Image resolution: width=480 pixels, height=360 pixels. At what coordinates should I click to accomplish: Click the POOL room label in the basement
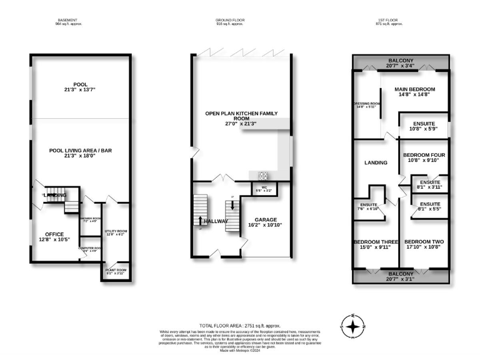tap(80, 84)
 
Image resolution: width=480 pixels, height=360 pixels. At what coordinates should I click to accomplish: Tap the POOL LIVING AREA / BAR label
tap(80, 150)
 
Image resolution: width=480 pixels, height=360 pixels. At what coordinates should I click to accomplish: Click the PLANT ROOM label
tap(116, 270)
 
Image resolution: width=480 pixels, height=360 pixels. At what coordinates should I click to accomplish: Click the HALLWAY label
tap(215, 221)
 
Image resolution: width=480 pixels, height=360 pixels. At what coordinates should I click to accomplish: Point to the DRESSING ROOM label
tap(367, 104)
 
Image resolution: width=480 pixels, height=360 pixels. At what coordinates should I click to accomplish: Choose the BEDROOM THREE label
tap(372, 242)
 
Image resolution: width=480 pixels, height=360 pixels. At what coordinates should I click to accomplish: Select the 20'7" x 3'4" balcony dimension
tap(401, 66)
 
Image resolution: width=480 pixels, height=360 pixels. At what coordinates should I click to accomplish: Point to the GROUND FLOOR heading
tap(229, 21)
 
